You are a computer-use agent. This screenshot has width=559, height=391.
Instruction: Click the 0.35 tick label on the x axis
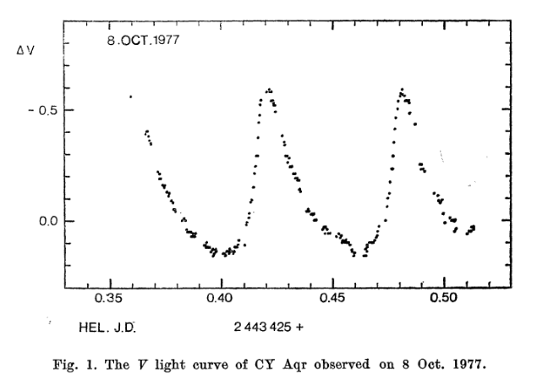(x=110, y=299)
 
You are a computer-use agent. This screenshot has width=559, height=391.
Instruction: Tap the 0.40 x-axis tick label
(x=221, y=299)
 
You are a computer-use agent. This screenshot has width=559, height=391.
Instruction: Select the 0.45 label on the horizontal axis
(x=332, y=299)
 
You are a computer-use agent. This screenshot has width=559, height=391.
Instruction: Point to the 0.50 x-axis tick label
(x=443, y=299)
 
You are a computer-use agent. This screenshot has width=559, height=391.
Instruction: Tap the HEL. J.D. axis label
(x=107, y=326)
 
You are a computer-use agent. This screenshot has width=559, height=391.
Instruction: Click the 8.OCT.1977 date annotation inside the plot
(x=144, y=40)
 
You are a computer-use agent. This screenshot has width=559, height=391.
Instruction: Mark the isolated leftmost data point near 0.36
(x=130, y=97)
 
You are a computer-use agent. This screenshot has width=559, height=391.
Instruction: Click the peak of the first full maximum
(x=269, y=90)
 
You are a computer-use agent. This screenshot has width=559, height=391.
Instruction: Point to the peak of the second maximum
(x=402, y=89)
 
